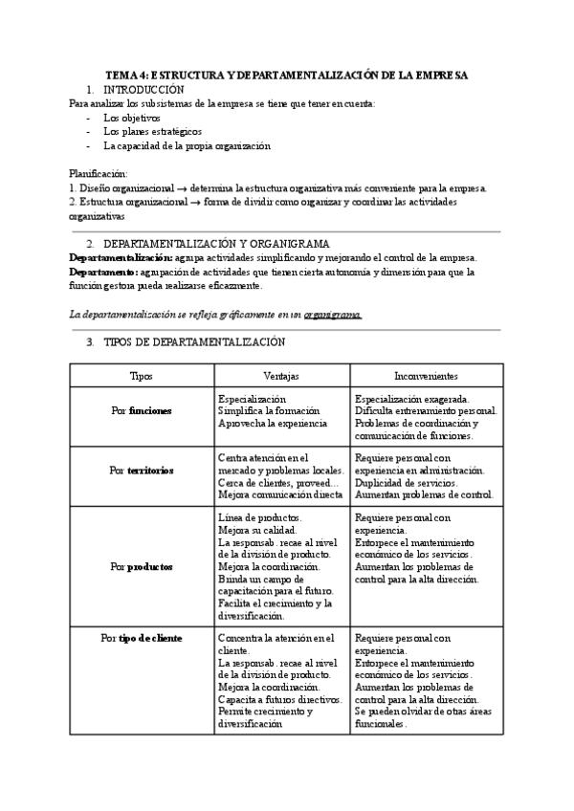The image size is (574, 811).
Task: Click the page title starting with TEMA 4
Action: (286, 76)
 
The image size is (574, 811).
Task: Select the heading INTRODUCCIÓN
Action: (143, 89)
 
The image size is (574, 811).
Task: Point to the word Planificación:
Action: (99, 174)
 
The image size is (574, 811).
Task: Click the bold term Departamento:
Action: (105, 272)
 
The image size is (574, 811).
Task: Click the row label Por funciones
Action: (141, 410)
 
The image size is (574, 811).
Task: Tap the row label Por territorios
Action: (141, 471)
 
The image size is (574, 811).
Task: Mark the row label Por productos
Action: (141, 566)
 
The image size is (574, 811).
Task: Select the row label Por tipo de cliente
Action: (141, 637)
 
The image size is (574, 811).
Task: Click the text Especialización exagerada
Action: (411, 399)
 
